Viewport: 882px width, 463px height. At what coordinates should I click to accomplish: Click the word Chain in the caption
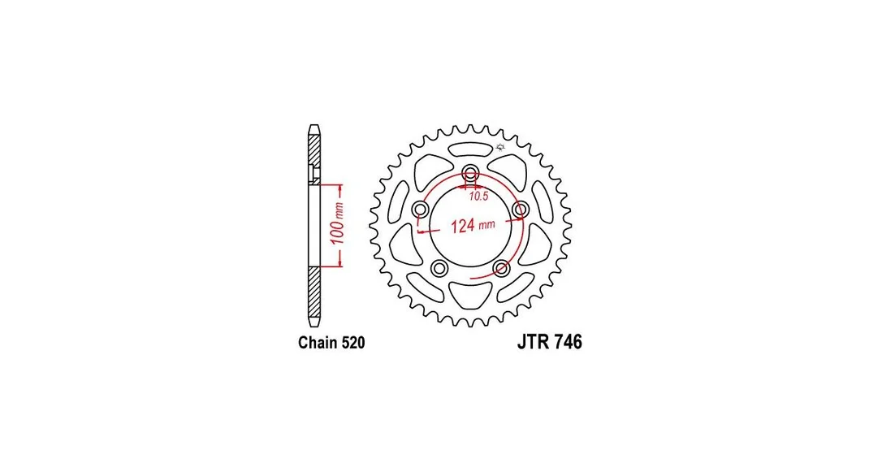tap(317, 343)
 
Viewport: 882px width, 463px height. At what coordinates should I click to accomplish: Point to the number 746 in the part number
tap(568, 342)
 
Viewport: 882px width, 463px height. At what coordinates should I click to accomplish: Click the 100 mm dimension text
tap(337, 224)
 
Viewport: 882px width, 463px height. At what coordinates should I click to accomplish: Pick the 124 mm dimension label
tap(473, 226)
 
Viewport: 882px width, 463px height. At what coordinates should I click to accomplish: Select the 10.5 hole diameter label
tap(478, 197)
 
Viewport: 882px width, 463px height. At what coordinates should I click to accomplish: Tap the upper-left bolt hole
tap(420, 210)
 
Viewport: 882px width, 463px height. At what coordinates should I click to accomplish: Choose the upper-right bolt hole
tap(521, 210)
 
